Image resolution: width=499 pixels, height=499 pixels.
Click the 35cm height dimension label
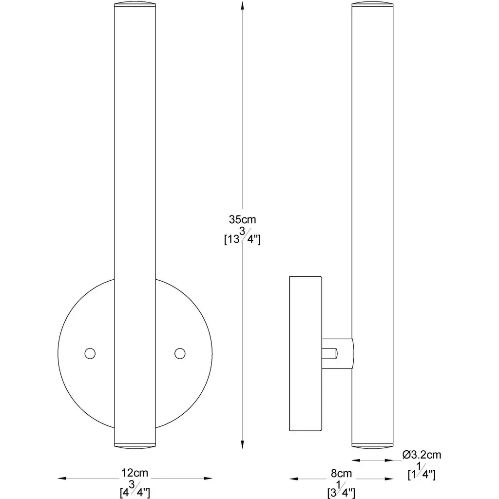(242, 219)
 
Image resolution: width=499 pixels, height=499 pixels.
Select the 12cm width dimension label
(134, 473)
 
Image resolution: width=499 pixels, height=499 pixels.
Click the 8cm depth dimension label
(341, 473)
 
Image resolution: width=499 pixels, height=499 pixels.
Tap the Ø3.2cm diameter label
(422, 455)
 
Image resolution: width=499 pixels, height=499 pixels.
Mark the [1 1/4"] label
(422, 471)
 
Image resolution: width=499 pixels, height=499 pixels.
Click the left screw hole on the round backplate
(90, 354)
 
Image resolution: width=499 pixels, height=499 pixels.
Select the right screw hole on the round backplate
(180, 354)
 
